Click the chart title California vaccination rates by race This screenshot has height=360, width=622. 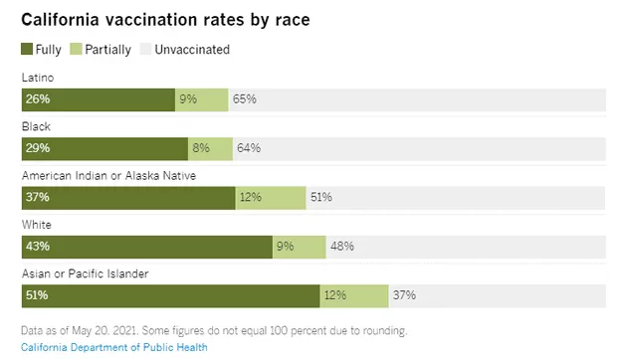tap(165, 20)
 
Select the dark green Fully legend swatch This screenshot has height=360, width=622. tap(27, 49)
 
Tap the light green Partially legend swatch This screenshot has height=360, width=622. tap(76, 49)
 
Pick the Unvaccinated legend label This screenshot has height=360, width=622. tap(192, 50)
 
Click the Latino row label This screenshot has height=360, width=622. tap(38, 78)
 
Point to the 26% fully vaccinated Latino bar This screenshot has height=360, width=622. tap(99, 99)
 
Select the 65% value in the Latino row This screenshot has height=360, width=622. tap(245, 99)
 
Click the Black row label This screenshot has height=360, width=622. tap(36, 126)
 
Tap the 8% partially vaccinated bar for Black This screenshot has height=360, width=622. tap(210, 149)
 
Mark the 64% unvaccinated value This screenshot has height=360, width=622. tap(249, 148)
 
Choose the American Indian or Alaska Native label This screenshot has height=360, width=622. tap(109, 176)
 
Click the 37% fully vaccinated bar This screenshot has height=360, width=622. tap(128, 198)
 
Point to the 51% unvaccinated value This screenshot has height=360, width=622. tap(321, 197)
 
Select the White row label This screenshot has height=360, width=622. tap(37, 225)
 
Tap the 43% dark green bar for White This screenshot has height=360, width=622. tap(147, 247)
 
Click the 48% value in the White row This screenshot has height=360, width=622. tap(342, 247)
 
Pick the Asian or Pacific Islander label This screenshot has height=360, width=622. tap(86, 273)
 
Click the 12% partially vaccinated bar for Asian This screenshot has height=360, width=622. tap(354, 295)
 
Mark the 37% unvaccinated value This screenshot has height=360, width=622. tap(404, 295)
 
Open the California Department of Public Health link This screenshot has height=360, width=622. tap(114, 347)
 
